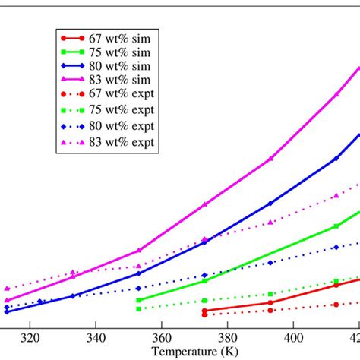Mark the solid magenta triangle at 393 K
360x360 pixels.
[270, 159]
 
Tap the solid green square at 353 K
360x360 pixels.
[138, 300]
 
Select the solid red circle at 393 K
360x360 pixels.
[270, 302]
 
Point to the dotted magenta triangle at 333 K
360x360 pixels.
[73, 272]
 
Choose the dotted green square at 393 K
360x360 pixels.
[270, 294]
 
